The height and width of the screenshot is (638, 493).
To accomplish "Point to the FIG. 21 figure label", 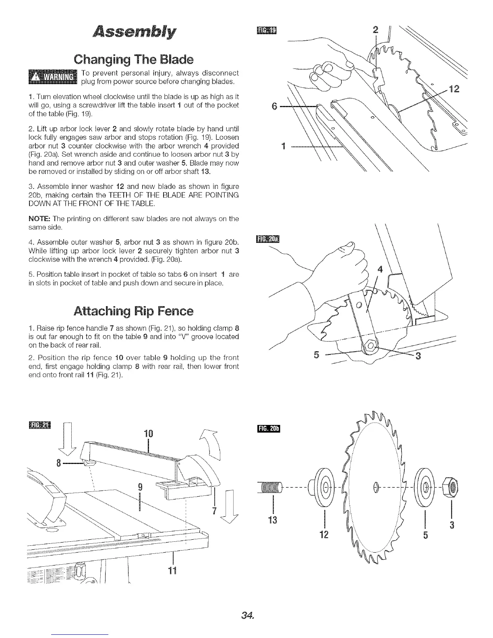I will click(40, 426).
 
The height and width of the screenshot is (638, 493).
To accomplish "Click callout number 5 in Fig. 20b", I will click(425, 535).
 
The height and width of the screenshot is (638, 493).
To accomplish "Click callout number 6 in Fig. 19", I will click(275, 107).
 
